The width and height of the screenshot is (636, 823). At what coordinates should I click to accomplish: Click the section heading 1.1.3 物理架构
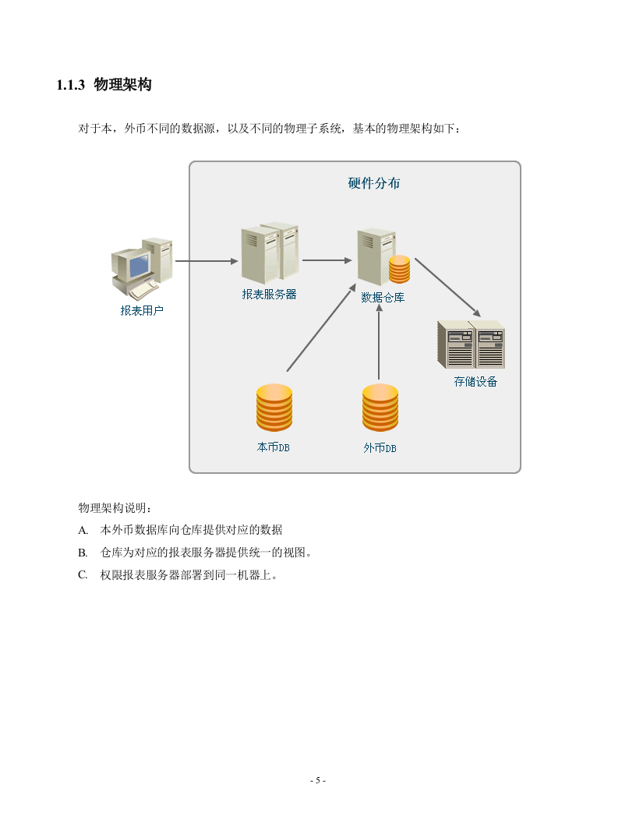coord(104,85)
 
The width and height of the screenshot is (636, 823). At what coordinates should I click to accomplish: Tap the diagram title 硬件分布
coord(374,183)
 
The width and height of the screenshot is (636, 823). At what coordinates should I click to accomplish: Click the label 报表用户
coord(142,310)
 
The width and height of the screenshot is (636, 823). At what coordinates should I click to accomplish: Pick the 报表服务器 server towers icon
coord(270,253)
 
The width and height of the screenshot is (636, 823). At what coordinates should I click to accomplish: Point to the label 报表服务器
coord(269,294)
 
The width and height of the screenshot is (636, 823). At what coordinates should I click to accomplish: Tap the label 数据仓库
coord(383,297)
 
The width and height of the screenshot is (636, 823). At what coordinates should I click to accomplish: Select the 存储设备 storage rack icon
coord(471,344)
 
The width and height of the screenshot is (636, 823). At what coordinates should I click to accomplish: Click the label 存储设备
coord(475,382)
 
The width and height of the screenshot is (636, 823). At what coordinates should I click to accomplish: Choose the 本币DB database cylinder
coord(274,408)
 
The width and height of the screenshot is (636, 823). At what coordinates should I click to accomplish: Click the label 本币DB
coord(274,447)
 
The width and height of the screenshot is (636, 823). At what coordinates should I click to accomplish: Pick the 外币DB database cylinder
coord(380,408)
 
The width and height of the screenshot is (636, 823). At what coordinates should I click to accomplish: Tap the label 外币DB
coord(380,448)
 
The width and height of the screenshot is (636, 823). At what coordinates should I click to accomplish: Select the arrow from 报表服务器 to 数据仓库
coord(328,260)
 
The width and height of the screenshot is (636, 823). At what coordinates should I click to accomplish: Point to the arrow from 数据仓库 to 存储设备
coord(447,288)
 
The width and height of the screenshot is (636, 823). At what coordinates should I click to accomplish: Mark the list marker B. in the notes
coord(83,553)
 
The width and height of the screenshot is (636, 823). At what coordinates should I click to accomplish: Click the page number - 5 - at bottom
coord(318,780)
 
